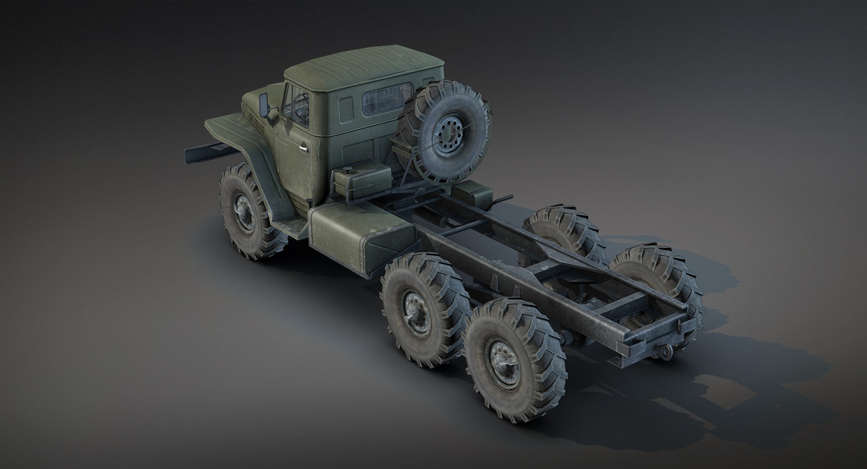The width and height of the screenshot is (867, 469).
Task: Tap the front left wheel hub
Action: (x=241, y=211)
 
